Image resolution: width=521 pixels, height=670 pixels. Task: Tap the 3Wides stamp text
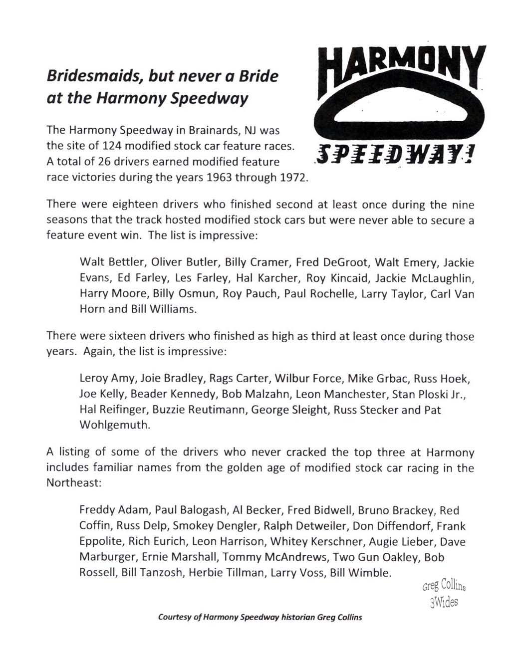443,602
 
